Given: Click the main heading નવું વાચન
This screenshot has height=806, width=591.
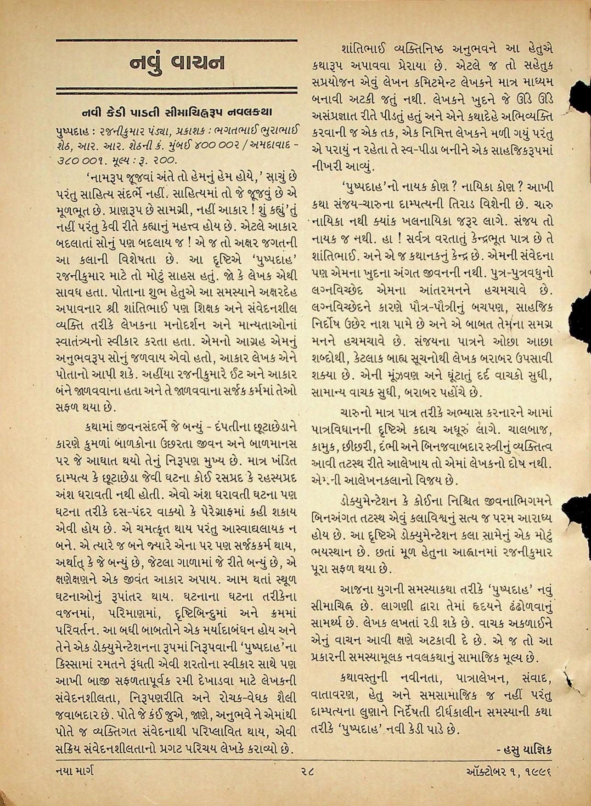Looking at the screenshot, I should pos(177,63).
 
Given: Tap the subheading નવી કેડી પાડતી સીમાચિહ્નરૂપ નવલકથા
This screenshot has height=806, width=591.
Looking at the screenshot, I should pos(177,112).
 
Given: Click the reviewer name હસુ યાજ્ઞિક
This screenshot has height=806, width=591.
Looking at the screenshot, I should pos(524,750).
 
